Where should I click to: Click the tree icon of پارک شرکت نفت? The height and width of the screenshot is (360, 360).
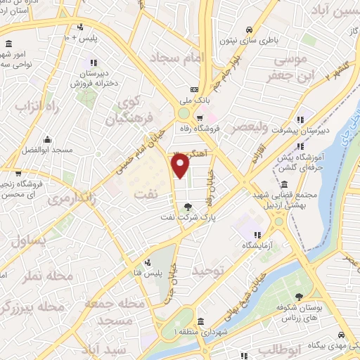tap(186, 206)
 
